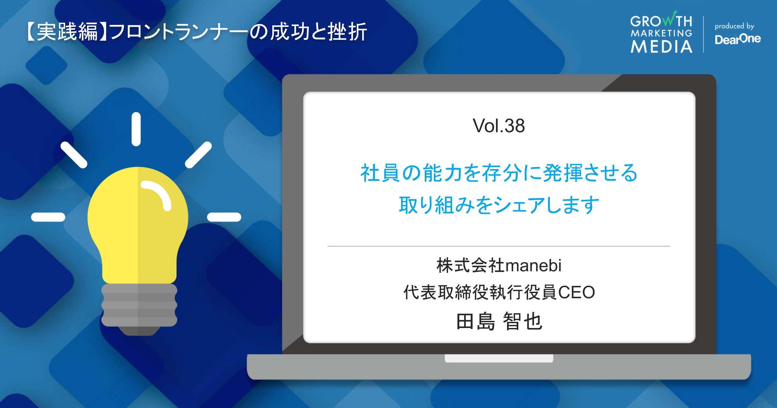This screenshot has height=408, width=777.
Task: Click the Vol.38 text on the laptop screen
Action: tap(499, 126)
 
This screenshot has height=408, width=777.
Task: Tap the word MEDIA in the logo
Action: tap(661, 47)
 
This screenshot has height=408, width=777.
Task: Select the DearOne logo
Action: tap(738, 39)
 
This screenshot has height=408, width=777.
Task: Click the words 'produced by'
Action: tap(734, 26)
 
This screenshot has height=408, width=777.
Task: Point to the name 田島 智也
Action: tap(499, 322)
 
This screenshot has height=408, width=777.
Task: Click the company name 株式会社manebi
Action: tap(499, 266)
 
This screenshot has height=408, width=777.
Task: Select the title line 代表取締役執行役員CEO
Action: tap(499, 292)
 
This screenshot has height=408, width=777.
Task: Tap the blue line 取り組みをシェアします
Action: tap(499, 205)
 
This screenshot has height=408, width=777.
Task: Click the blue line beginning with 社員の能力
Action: tap(499, 173)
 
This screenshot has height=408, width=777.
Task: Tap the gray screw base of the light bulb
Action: tap(139, 306)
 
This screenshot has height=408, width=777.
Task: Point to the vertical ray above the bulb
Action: tap(136, 129)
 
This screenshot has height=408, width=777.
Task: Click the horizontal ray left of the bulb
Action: tap(48, 217)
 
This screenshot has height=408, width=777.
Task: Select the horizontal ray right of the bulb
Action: tap(224, 217)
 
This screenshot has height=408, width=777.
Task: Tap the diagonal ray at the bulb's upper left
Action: tap(74, 155)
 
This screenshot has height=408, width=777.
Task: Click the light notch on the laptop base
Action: tap(499, 358)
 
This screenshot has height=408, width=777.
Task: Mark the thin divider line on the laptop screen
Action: tap(499, 246)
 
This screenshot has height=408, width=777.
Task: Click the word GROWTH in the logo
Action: tap(661, 21)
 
